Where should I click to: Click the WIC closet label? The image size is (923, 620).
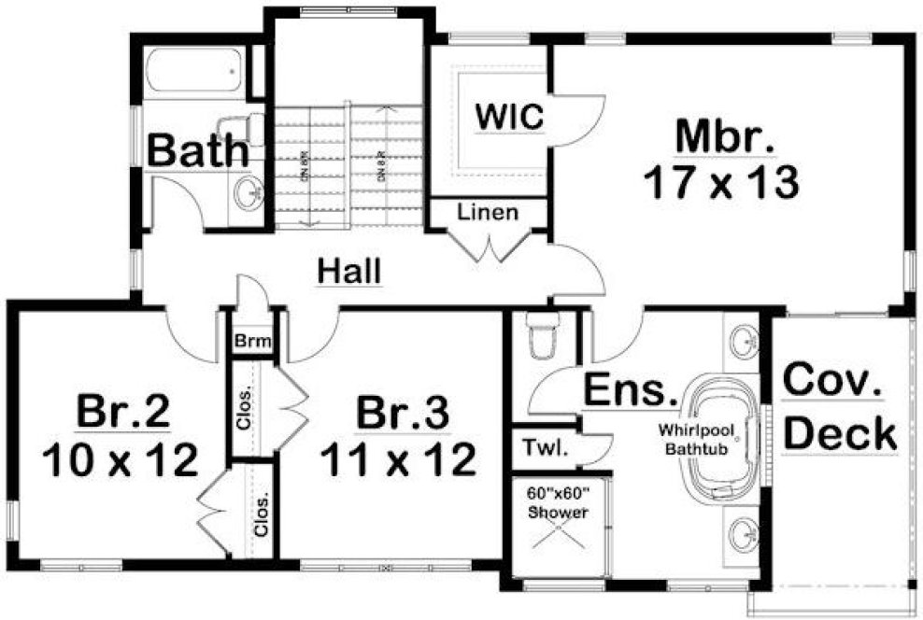click(509, 119)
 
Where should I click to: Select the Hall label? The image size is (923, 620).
click(349, 272)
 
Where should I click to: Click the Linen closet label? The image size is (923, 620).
click(487, 213)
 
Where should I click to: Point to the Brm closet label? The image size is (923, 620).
click(253, 342)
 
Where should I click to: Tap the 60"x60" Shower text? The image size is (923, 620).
click(558, 503)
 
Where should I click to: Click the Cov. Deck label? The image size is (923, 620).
click(838, 407)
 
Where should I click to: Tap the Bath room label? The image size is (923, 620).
click(199, 151)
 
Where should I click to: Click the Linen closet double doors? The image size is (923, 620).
click(488, 245)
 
